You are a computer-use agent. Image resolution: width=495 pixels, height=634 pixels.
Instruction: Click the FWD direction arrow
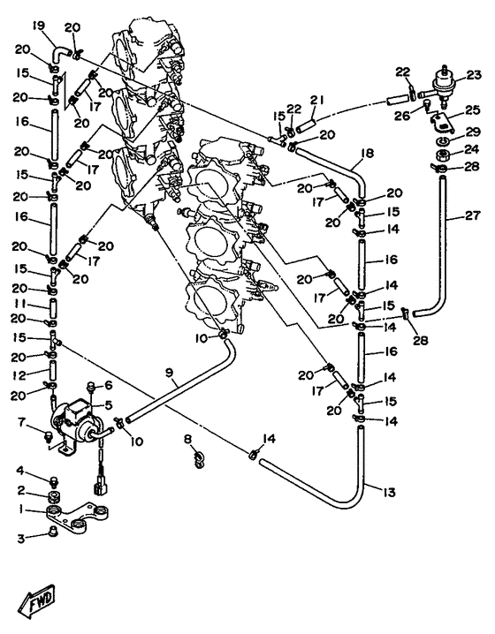[x=37, y=601]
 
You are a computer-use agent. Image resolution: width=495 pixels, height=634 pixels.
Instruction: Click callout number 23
[x=473, y=75]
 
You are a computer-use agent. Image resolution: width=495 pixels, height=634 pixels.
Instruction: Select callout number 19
[x=40, y=27]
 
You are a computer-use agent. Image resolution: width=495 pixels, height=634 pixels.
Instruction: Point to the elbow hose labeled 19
[x=61, y=53]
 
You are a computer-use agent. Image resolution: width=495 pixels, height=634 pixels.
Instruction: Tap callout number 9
[x=169, y=373]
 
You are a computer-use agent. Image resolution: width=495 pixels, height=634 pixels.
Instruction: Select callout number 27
[x=472, y=215]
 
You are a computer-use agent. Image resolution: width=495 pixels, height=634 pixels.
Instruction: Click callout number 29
[x=472, y=132]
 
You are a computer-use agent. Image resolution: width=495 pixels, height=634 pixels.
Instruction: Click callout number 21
[x=317, y=100]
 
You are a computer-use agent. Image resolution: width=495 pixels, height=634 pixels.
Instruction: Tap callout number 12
[x=19, y=375]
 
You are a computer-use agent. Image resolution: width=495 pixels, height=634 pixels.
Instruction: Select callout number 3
[x=21, y=538]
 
